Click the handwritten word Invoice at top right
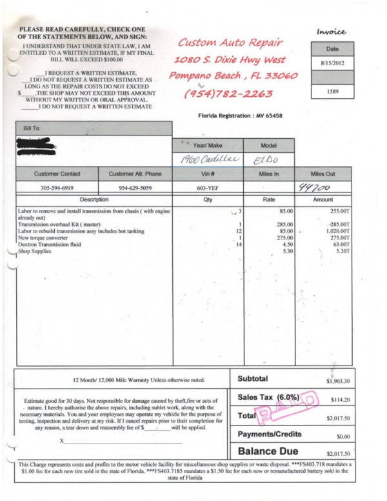click(x=332, y=32)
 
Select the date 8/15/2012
click(x=333, y=63)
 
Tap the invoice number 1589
click(x=333, y=92)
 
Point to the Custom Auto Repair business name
click(x=230, y=43)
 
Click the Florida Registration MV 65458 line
click(x=241, y=116)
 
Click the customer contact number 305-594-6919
click(x=58, y=187)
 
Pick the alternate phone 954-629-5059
click(x=135, y=187)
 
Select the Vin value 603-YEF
click(x=208, y=187)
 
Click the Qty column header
click(x=208, y=199)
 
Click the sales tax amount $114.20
click(x=339, y=400)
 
